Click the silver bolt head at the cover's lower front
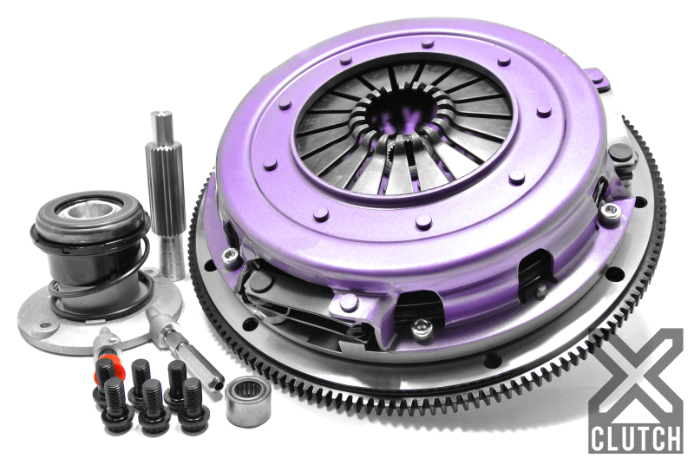(x=421, y=328)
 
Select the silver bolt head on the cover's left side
(x=231, y=253)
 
